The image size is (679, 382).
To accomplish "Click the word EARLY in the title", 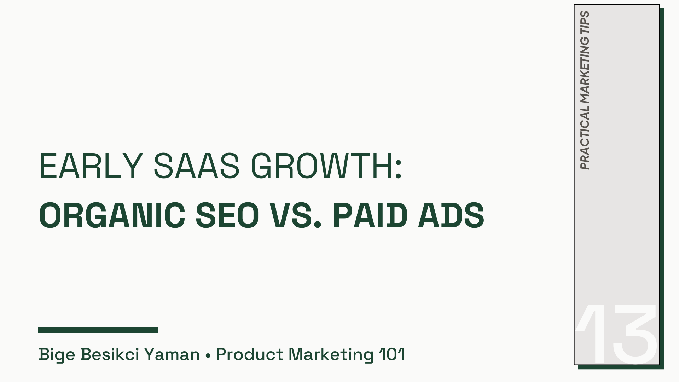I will click(91, 166).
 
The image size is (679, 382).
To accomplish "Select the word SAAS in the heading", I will click(197, 166).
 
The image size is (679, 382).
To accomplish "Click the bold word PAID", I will click(370, 215).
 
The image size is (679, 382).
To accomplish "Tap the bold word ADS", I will click(451, 215).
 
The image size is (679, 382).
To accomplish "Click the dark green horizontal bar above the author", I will click(98, 330).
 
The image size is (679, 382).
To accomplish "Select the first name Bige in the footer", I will click(57, 354).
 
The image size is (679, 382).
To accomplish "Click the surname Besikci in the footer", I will click(110, 354).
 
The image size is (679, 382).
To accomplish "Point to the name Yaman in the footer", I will click(172, 354).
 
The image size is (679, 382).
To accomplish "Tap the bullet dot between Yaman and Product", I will click(208, 355).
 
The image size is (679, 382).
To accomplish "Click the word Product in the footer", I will click(250, 354).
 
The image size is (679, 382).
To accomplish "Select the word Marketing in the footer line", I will click(331, 354).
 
